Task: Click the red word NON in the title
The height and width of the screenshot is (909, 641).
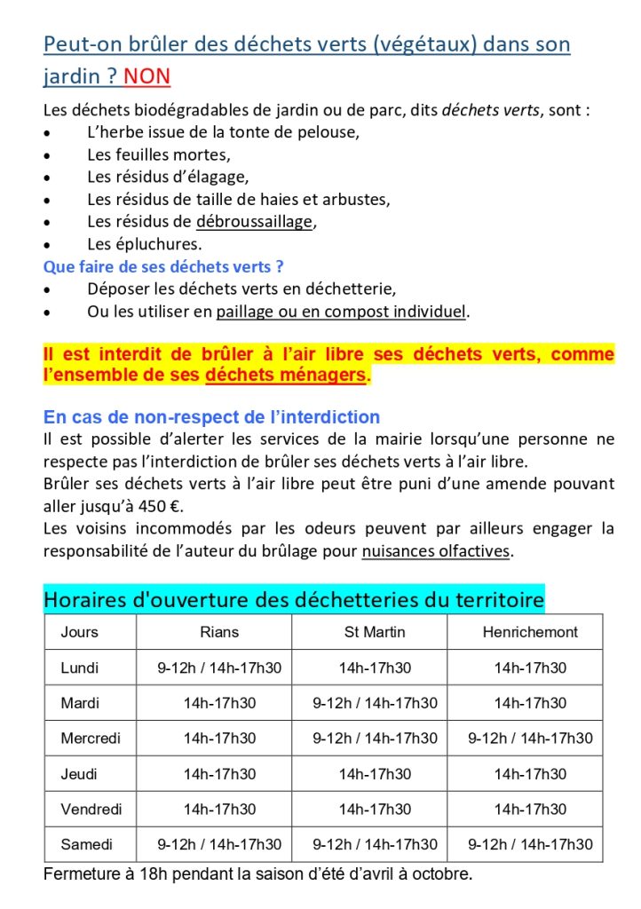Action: pos(146,76)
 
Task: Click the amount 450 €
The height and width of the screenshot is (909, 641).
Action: pos(158,506)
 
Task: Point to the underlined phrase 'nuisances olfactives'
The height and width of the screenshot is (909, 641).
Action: pos(436,551)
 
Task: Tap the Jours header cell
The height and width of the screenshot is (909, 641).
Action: pos(80,632)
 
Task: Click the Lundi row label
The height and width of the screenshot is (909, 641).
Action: pos(80,668)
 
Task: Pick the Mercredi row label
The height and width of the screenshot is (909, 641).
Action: pos(91,738)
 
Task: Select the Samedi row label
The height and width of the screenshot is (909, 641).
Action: pos(86,844)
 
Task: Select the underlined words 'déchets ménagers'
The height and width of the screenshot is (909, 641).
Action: pos(286,375)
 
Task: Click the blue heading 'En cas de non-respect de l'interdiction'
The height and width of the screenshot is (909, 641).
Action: pos(211,417)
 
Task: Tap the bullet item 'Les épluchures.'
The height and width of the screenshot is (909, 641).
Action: pos(145,244)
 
